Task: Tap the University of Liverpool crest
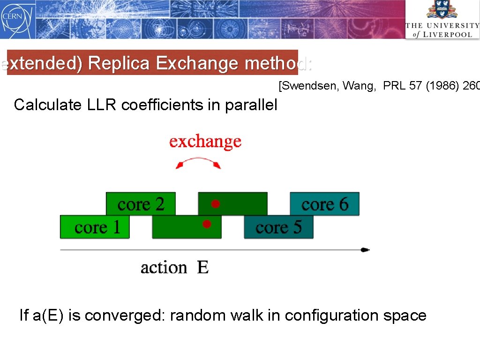pyautogui.click(x=442, y=10)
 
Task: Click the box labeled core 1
pyautogui.click(x=95, y=227)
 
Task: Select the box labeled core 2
pyautogui.click(x=141, y=204)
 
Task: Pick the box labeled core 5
pyautogui.click(x=278, y=227)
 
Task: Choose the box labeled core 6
pyautogui.click(x=325, y=204)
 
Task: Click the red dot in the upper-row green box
pyautogui.click(x=215, y=204)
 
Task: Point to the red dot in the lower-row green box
pyautogui.click(x=206, y=224)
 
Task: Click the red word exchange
pyautogui.click(x=205, y=141)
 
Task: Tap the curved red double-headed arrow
pyautogui.click(x=197, y=161)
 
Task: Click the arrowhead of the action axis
pyautogui.click(x=366, y=250)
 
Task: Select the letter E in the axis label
pyautogui.click(x=203, y=268)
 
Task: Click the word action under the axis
pyautogui.click(x=164, y=268)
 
